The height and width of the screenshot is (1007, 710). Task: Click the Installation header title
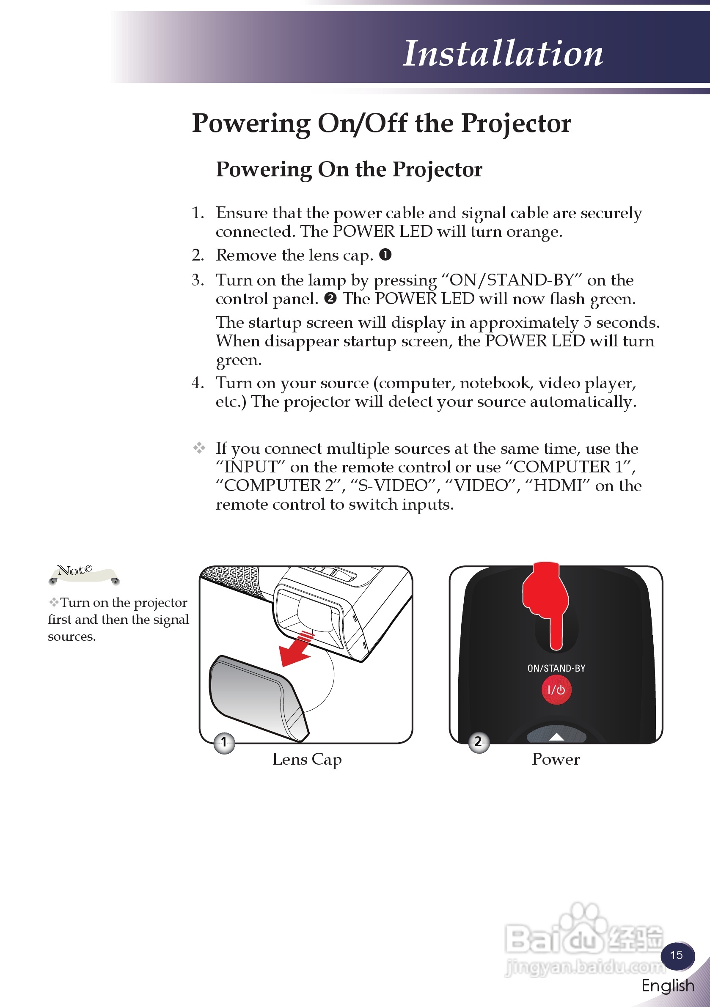click(503, 54)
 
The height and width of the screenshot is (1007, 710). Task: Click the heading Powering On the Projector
click(349, 169)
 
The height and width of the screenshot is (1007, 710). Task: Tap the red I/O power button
click(556, 690)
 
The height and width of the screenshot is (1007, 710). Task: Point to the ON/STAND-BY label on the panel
click(556, 668)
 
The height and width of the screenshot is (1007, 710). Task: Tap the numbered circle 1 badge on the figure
click(224, 742)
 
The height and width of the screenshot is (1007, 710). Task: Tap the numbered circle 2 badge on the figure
click(478, 742)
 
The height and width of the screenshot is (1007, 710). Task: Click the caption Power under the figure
click(556, 759)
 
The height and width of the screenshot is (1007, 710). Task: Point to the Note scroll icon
click(83, 573)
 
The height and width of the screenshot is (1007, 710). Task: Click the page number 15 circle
click(677, 955)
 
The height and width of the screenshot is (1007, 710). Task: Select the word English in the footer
click(667, 986)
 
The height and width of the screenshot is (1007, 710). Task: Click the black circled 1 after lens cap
click(385, 254)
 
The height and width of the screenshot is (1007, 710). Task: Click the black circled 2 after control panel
click(330, 298)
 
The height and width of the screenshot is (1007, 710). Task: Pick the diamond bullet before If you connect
click(199, 448)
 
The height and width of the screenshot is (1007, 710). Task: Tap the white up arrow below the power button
click(556, 737)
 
